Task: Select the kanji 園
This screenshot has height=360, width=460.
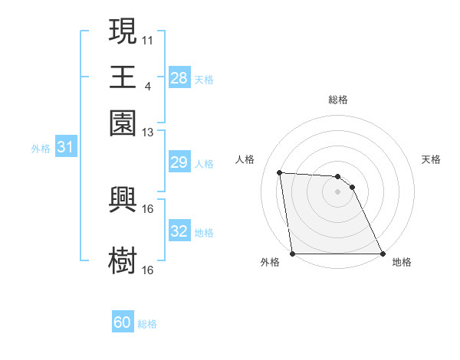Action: point(123,122)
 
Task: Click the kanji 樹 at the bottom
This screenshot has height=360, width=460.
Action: point(123,260)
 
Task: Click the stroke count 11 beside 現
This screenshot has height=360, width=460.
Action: point(148,38)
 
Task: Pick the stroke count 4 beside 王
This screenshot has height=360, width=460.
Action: point(148,85)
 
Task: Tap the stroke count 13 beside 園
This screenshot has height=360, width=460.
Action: point(148,132)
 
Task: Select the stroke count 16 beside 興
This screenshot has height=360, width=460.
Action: point(148,208)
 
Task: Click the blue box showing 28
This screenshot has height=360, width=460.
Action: point(179,77)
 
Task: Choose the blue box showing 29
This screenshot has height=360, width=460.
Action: point(179,162)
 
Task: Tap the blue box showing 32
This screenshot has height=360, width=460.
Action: point(179,231)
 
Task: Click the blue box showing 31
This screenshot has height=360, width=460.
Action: point(65,147)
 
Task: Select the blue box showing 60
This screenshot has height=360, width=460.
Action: point(123,322)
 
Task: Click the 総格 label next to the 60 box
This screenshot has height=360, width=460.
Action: point(148,324)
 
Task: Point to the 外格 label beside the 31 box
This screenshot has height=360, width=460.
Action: point(41,149)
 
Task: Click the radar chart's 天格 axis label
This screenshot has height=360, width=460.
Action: point(431,159)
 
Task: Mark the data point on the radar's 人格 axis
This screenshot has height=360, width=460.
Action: point(280,172)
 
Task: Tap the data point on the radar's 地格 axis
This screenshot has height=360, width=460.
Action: point(382,254)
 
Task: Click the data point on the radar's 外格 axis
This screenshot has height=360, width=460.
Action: point(293,254)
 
